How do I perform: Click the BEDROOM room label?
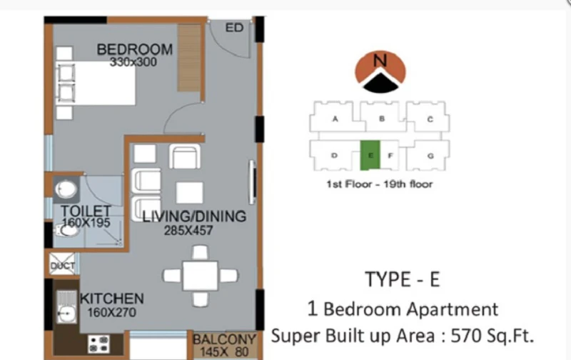click(x=135, y=49)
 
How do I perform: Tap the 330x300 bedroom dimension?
click(x=133, y=62)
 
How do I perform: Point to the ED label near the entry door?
click(x=234, y=28)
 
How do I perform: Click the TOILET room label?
click(x=86, y=211)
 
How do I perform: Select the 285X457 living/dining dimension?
click(x=188, y=231)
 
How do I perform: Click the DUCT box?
click(x=62, y=265)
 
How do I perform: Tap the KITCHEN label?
click(x=112, y=299)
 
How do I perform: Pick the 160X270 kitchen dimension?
click(x=111, y=312)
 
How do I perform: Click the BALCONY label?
click(x=224, y=339)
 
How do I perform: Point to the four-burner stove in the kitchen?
click(x=98, y=344)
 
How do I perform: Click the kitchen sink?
click(x=66, y=307)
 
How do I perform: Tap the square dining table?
click(x=201, y=276)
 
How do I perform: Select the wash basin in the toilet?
click(x=66, y=189)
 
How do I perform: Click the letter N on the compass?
click(x=380, y=60)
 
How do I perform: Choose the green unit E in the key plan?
click(x=370, y=155)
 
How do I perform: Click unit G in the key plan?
click(x=430, y=156)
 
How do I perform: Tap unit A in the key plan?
click(x=335, y=119)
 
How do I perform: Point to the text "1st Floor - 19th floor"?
click(x=380, y=184)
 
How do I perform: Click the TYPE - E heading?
click(x=403, y=279)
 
